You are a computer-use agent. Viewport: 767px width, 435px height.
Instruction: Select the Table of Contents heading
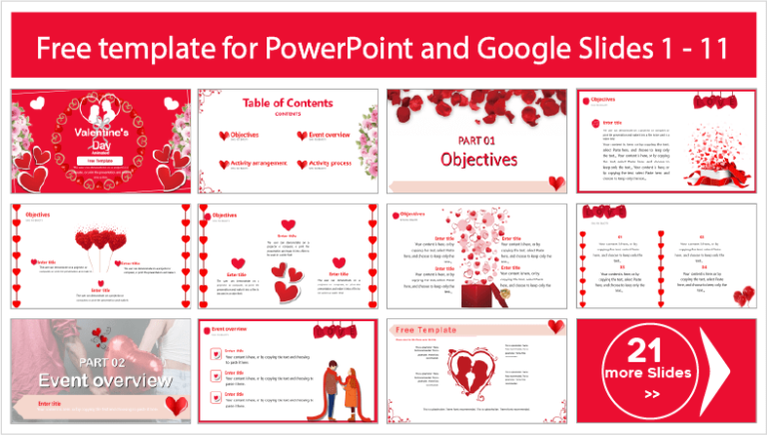(288, 103)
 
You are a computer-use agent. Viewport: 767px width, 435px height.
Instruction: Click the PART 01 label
(478, 140)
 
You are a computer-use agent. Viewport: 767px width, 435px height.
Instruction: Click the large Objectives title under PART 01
(478, 160)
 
